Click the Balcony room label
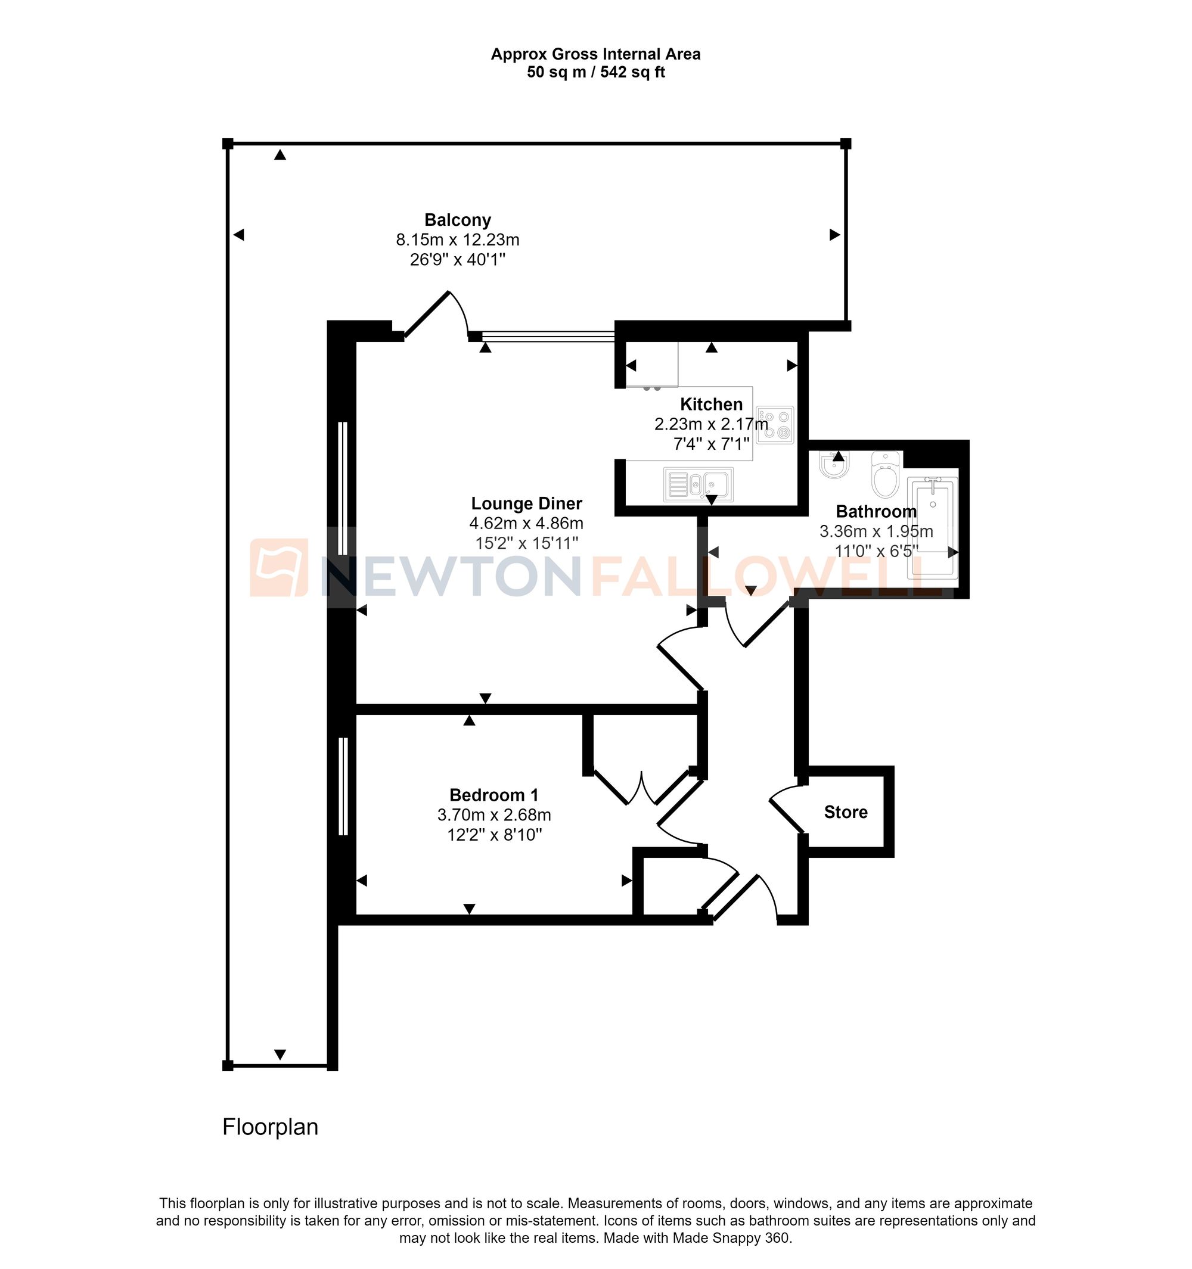coord(458,220)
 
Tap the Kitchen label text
coord(711,404)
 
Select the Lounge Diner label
coord(526,503)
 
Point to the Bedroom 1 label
coord(493,795)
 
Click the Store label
coord(845,812)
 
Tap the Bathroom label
coord(876,511)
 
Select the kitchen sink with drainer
coord(699,485)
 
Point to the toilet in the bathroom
coord(886,475)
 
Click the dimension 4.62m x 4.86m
coord(526,524)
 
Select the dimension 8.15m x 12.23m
coord(458,240)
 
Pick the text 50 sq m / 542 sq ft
coord(595,72)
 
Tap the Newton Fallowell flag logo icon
coord(278,567)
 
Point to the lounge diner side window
coord(343,489)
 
